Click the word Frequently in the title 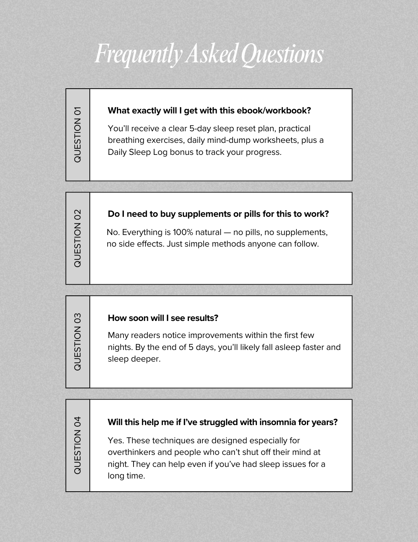click(x=138, y=55)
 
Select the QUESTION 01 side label click(x=77, y=135)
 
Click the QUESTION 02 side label click(x=77, y=238)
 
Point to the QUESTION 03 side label click(x=77, y=342)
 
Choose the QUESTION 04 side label click(x=77, y=445)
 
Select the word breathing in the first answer click(x=126, y=140)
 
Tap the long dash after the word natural click(x=227, y=232)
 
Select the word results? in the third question click(x=202, y=318)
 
